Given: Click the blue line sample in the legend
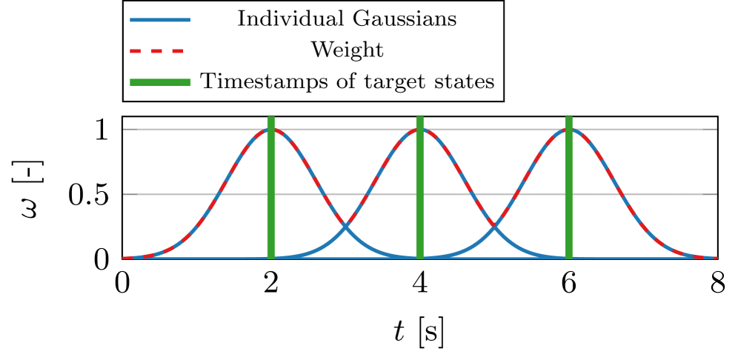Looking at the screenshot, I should (x=160, y=19).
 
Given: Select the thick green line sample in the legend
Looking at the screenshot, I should (x=160, y=81).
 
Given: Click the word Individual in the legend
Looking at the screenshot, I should (x=281, y=19).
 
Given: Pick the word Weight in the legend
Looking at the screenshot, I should (x=347, y=50).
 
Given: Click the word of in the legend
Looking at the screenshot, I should (x=321, y=81).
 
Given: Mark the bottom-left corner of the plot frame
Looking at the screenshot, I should (x=122, y=258).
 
